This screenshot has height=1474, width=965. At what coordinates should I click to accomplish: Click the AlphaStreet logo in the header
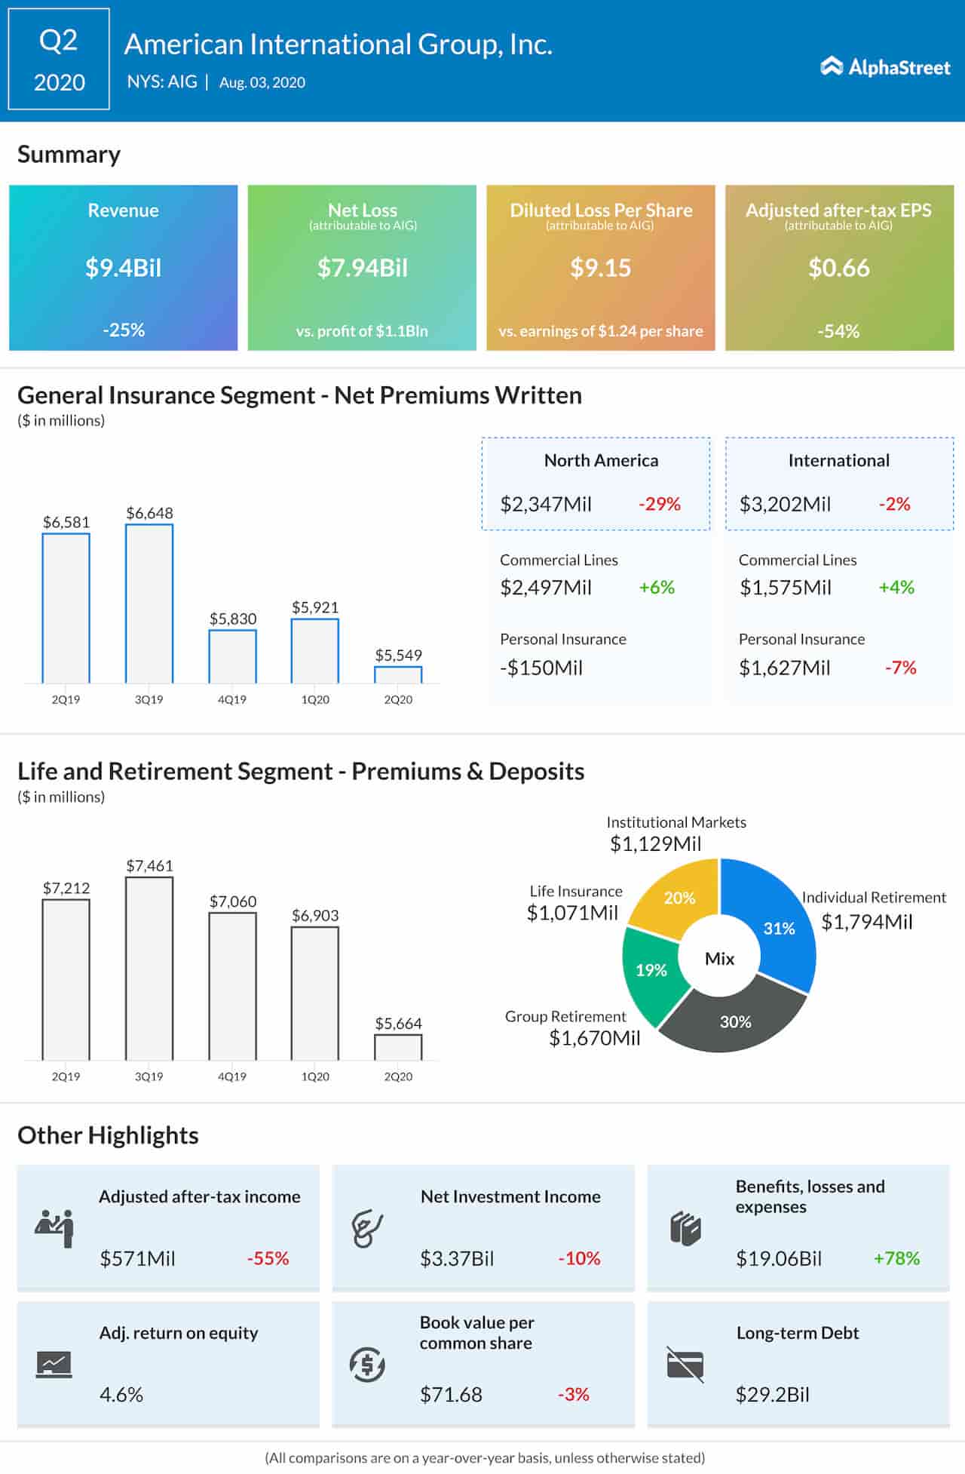click(x=885, y=67)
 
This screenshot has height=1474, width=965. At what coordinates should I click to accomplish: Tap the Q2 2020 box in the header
click(x=59, y=60)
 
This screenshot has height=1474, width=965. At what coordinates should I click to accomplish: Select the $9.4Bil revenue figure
click(x=123, y=268)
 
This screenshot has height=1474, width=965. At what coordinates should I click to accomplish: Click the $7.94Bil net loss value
click(x=362, y=268)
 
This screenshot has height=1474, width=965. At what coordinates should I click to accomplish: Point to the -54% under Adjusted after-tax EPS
click(x=838, y=330)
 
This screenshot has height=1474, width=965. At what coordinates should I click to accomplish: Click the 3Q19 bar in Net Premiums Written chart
click(x=149, y=603)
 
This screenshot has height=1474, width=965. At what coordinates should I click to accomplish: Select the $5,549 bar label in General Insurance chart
click(x=398, y=655)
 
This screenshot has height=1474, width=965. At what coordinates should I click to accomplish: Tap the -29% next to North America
click(x=660, y=504)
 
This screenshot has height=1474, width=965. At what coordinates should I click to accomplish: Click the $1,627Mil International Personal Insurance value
click(x=784, y=668)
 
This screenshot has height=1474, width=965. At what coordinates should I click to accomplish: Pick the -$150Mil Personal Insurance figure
click(x=541, y=668)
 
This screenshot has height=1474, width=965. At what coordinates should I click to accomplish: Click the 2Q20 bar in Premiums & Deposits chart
click(x=398, y=1047)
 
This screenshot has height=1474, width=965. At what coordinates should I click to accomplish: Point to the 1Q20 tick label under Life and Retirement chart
click(x=315, y=1076)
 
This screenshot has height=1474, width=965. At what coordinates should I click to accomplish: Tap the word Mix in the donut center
click(x=719, y=959)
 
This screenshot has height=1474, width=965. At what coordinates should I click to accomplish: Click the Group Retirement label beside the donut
click(x=565, y=1016)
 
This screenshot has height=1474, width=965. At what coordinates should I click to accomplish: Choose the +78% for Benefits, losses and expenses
click(x=896, y=1258)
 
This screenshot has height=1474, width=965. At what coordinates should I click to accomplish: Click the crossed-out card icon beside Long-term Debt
click(x=685, y=1364)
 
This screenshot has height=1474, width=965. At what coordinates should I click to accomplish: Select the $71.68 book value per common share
click(x=451, y=1394)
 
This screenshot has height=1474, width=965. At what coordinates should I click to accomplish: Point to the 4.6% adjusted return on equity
click(x=121, y=1394)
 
